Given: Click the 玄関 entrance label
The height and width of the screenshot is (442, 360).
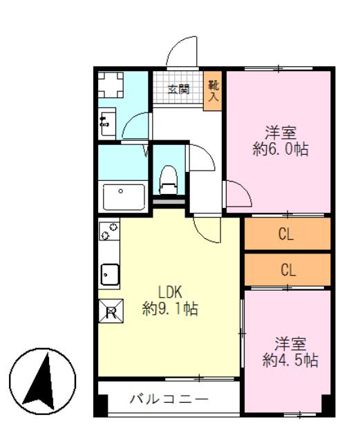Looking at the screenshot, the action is pyautogui.click(x=178, y=90).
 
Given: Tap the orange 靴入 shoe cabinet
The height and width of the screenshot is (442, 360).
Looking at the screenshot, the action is pyautogui.click(x=213, y=91).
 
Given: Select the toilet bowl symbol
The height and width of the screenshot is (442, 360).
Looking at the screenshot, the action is pyautogui.click(x=169, y=180).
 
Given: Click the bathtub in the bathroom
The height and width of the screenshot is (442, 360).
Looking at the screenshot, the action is pyautogui.click(x=124, y=197).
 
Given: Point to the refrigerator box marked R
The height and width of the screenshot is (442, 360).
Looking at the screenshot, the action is pyautogui.click(x=111, y=311).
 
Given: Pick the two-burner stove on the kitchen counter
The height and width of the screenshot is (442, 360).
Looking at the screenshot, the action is pyautogui.click(x=109, y=231).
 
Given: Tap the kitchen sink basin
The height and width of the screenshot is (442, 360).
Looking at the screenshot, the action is pyautogui.click(x=110, y=275).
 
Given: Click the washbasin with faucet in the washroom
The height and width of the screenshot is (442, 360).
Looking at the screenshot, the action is pyautogui.click(x=106, y=124).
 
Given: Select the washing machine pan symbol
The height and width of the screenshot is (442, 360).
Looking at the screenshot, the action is pyautogui.click(x=111, y=85).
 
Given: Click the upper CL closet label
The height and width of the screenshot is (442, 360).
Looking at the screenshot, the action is pyautogui.click(x=286, y=234).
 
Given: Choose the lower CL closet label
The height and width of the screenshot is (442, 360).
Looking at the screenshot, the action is pyautogui.click(x=288, y=270).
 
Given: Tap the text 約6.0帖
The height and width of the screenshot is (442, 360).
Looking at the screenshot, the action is pyautogui.click(x=281, y=149).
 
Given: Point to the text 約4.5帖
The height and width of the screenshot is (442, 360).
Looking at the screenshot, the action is pyautogui.click(x=290, y=361).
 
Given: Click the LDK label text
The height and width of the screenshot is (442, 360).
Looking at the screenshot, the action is pyautogui.click(x=170, y=292).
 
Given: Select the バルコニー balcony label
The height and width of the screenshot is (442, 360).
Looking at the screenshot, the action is pyautogui.click(x=169, y=399).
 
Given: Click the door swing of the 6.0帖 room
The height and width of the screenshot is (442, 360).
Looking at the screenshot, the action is pyautogui.click(x=238, y=194).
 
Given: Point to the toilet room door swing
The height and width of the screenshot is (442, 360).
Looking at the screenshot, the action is pyautogui.click(x=201, y=157).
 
